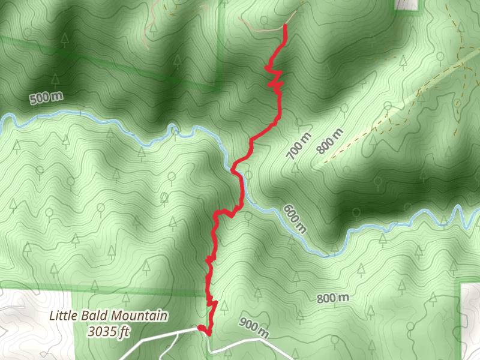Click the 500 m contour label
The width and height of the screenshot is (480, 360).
point(46,98)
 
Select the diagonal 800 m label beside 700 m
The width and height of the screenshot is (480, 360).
point(331,140)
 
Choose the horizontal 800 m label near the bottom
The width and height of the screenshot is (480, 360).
point(333,298)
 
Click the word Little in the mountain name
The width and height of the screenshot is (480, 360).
point(63,316)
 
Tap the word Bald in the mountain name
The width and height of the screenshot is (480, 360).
point(94,316)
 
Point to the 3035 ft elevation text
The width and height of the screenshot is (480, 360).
point(109,330)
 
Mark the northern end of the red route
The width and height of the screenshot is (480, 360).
point(284,26)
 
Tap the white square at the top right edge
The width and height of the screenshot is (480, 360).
point(407,4)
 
